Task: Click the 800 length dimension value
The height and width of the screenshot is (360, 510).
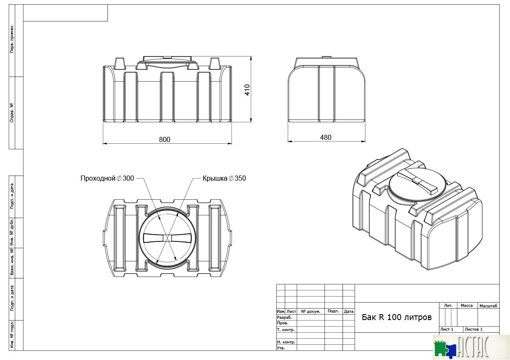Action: click(164, 139)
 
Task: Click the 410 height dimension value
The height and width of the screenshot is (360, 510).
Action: click(247, 90)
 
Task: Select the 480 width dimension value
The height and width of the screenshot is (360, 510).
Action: click(326, 137)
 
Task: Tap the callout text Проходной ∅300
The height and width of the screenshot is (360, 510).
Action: click(107, 178)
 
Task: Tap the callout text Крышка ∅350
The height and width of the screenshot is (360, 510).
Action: click(224, 178)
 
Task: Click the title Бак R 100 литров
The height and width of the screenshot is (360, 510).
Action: click(397, 317)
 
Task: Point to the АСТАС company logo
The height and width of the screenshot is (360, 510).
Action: click(471, 347)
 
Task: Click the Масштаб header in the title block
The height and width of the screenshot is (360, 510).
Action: click(488, 306)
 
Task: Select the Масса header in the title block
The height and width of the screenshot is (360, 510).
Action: click(467, 305)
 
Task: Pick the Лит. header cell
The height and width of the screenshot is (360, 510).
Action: click(448, 305)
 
